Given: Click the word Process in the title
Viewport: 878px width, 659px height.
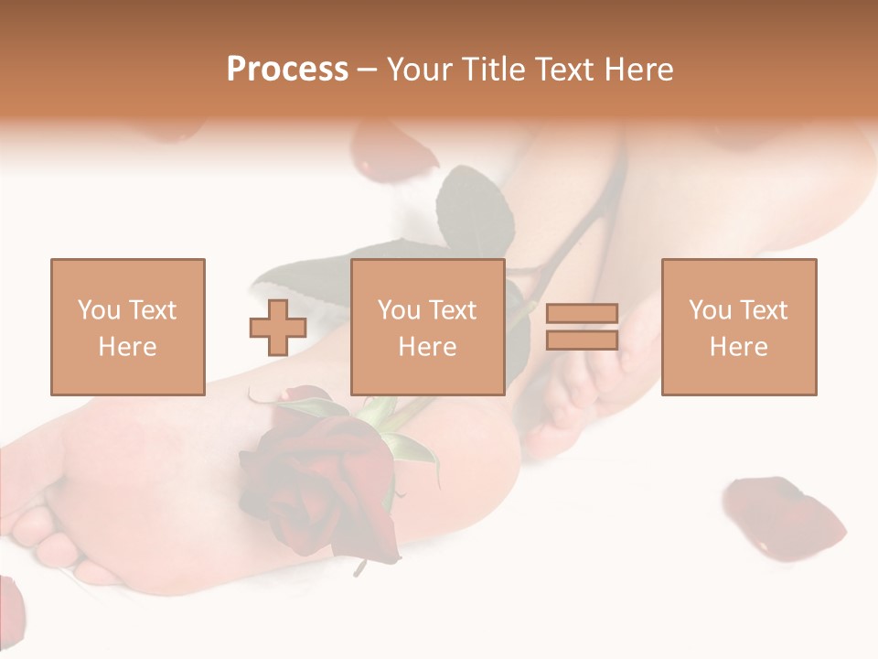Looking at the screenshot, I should pyautogui.click(x=287, y=69).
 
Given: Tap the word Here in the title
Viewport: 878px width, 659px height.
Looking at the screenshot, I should pyautogui.click(x=637, y=70).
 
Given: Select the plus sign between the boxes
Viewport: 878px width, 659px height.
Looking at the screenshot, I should pyautogui.click(x=278, y=327).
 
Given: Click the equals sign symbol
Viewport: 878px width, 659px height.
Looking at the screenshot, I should pyautogui.click(x=582, y=327).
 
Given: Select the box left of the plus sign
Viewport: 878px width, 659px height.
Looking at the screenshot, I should pyautogui.click(x=127, y=327).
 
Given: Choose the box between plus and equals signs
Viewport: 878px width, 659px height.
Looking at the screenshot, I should pyautogui.click(x=427, y=327).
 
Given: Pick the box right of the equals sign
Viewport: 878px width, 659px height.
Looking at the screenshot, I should pyautogui.click(x=739, y=327).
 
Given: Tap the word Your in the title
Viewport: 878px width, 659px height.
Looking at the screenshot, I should pyautogui.click(x=418, y=70).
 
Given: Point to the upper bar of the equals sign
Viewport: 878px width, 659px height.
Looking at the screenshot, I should pyautogui.click(x=582, y=313).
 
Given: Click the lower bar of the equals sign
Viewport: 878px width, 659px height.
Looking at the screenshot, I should pyautogui.click(x=582, y=340).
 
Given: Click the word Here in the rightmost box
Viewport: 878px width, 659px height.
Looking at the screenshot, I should pyautogui.click(x=739, y=347).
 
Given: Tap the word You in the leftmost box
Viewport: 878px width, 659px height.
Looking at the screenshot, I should pyautogui.click(x=99, y=309).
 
